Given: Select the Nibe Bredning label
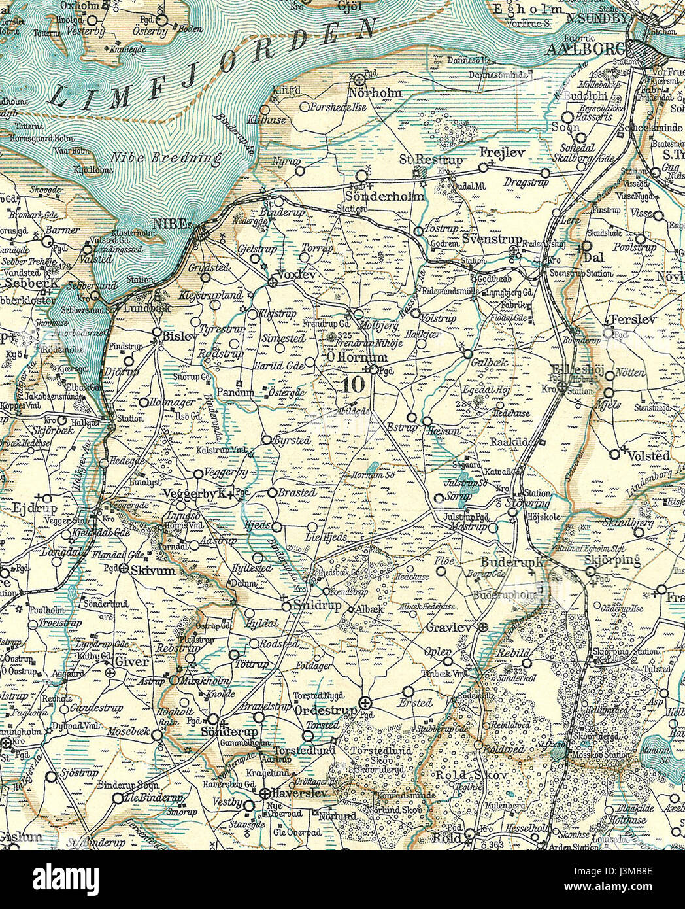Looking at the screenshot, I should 166,158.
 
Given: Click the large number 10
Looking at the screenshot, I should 353,385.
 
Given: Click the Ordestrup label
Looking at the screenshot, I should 326,710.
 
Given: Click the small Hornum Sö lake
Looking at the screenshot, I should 371,467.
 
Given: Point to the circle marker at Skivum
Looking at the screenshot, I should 124,569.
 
